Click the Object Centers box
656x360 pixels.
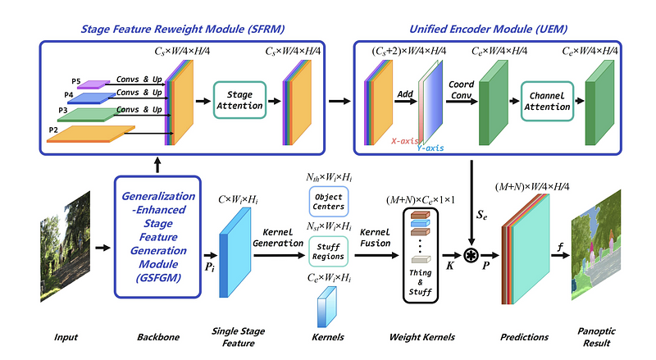tap(329, 201)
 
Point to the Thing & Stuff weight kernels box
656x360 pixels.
tap(425, 256)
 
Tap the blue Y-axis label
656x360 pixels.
tap(430, 148)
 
